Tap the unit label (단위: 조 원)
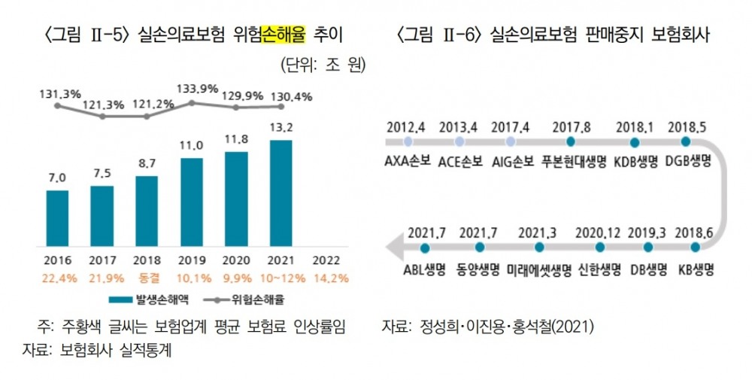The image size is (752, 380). tap(323, 65)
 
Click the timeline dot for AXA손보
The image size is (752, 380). tap(408, 141)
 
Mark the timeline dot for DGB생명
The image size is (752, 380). tap(685, 141)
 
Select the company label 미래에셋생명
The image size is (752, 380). tap(537, 269)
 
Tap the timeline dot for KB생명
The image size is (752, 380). tap(685, 247)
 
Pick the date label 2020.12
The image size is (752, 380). tap(599, 232)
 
